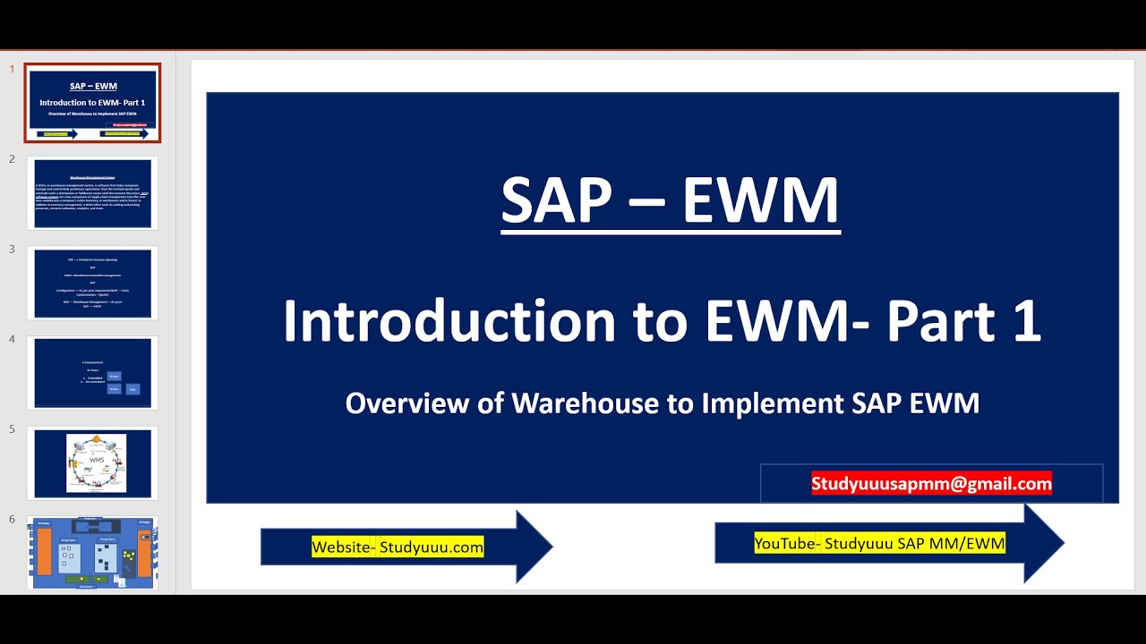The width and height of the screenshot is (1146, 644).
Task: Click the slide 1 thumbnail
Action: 92,103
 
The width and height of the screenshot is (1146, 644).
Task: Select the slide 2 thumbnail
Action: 92,193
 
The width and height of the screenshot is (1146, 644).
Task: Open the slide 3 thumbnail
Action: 92,283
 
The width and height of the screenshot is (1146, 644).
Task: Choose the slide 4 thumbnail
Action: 92,373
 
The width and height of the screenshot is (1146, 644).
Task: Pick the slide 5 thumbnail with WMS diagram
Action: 92,463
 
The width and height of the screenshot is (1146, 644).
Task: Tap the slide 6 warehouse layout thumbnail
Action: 92,553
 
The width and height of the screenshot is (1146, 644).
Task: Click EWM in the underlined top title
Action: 761,200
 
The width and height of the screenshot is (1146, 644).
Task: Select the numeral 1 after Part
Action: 1027,322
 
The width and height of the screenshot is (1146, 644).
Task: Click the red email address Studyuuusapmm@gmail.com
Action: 931,484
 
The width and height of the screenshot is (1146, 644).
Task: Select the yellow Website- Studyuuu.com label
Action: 398,547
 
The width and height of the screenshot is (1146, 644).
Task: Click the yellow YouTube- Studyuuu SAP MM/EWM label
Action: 879,543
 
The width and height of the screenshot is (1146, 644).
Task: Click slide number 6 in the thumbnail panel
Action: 12,520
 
